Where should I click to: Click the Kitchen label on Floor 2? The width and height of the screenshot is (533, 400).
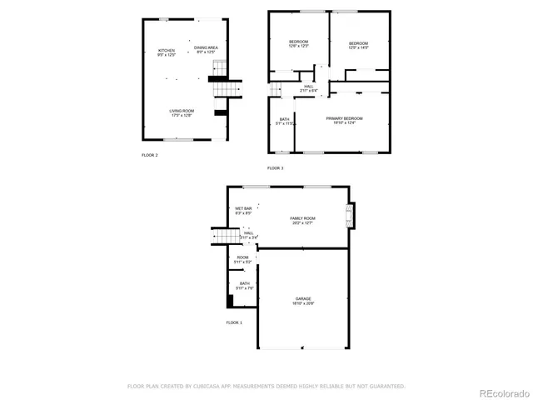[x=167, y=53]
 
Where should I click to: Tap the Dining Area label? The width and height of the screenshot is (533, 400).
[x=206, y=50]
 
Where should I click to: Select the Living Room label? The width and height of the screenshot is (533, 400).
[x=182, y=113]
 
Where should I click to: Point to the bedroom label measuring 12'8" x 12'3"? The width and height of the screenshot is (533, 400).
[x=298, y=44]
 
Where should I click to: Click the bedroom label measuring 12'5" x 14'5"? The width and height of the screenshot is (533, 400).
[x=358, y=44]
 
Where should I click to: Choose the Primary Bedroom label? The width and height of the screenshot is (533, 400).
[x=344, y=121]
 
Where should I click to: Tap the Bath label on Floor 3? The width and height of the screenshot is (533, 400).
[x=284, y=121]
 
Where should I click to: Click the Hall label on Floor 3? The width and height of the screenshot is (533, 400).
[x=308, y=87]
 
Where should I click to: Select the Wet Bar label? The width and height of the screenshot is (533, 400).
[x=243, y=211]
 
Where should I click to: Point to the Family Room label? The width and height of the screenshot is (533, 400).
[x=302, y=220]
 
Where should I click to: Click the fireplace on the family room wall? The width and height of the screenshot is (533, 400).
[x=351, y=215]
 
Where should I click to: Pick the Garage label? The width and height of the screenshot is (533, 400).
[x=302, y=301]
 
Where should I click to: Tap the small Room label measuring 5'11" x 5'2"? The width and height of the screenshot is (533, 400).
[x=242, y=260]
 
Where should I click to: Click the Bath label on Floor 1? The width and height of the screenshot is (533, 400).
[x=245, y=286]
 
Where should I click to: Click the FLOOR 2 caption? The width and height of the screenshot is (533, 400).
[x=149, y=155]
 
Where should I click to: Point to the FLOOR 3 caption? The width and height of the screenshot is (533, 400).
[x=275, y=168]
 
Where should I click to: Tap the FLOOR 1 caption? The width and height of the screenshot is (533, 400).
[x=234, y=322]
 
